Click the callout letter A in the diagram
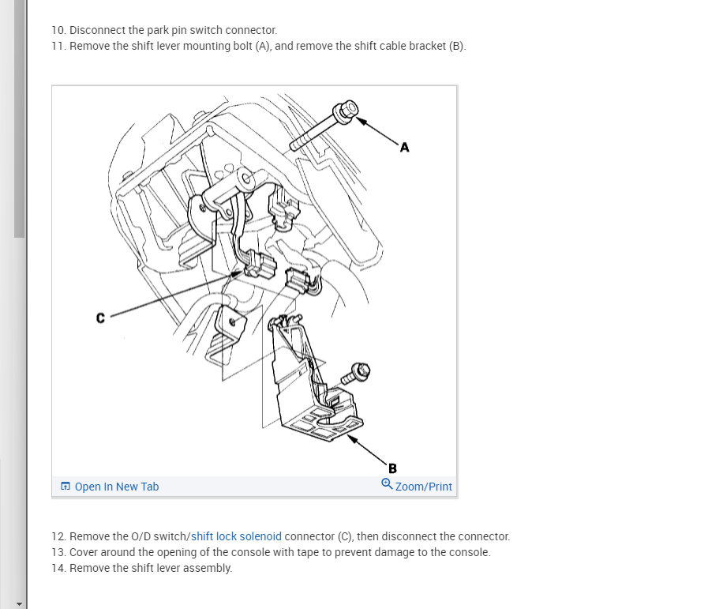coord(404,147)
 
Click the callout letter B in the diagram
coord(392,468)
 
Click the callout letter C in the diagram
coord(100,318)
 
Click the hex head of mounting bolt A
coord(346,111)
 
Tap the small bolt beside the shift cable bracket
coord(356,374)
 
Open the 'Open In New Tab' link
coord(117,487)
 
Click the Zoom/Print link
coord(423,487)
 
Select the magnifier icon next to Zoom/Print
coord(387,484)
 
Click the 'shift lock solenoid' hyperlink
coord(236,536)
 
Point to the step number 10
coord(58,31)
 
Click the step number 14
coord(58,568)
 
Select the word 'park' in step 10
coord(158,31)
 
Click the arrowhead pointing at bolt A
coord(362,122)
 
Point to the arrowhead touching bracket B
coord(353,438)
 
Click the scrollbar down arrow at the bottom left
coord(19,603)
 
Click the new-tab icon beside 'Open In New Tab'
coord(66,487)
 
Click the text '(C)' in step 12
coord(344,536)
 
